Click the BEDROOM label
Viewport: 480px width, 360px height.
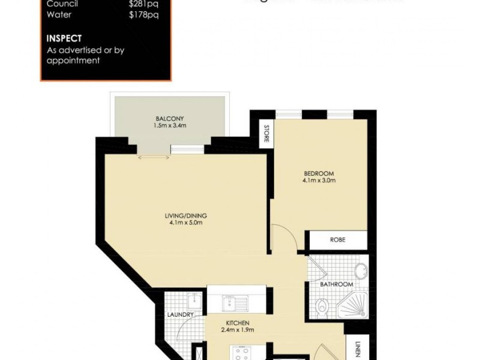tap(319, 174)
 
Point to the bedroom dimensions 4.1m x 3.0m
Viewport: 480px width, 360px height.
tap(319, 181)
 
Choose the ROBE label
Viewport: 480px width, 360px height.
tap(338, 240)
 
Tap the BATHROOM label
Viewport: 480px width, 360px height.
tap(336, 284)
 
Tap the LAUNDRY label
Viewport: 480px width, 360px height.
tap(181, 315)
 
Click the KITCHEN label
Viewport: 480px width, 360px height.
tap(236, 323)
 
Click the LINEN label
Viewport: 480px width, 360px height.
tap(357, 349)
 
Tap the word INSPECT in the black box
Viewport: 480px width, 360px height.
tap(64, 38)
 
